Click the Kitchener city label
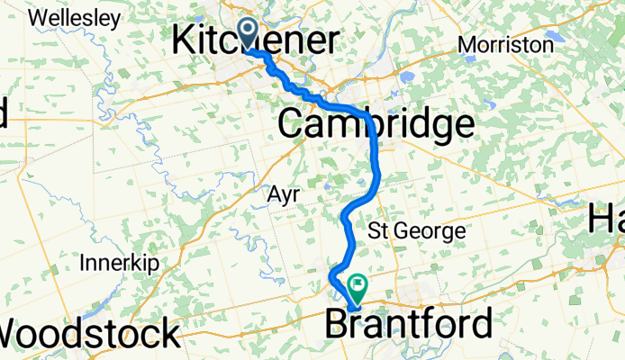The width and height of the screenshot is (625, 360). [255, 41]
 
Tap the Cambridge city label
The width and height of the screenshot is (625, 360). [376, 125]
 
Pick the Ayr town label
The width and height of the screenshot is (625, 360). [283, 195]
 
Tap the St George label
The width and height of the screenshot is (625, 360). [417, 231]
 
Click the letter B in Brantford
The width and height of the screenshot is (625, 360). [336, 324]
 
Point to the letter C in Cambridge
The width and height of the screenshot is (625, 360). [291, 125]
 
